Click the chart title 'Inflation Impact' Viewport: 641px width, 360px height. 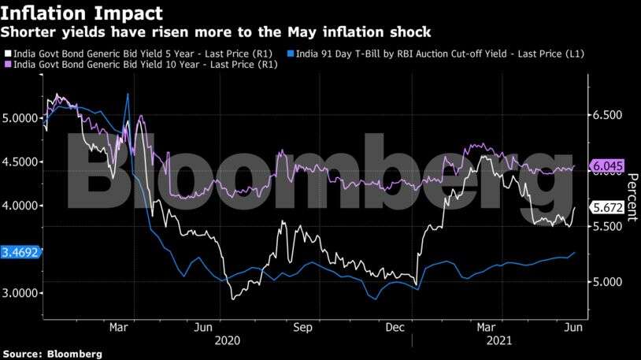pos(82,13)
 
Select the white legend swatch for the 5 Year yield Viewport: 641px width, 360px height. pos(6,53)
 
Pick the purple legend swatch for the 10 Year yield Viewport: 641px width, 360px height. pos(6,63)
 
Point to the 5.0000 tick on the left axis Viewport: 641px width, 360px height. pos(20,118)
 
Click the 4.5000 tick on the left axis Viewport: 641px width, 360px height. pos(20,161)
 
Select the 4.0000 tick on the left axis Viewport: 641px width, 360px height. pos(20,206)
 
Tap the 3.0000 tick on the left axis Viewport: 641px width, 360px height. pos(20,293)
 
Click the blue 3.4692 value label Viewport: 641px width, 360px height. pos(20,253)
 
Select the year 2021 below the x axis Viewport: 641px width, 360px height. pos(498,341)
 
